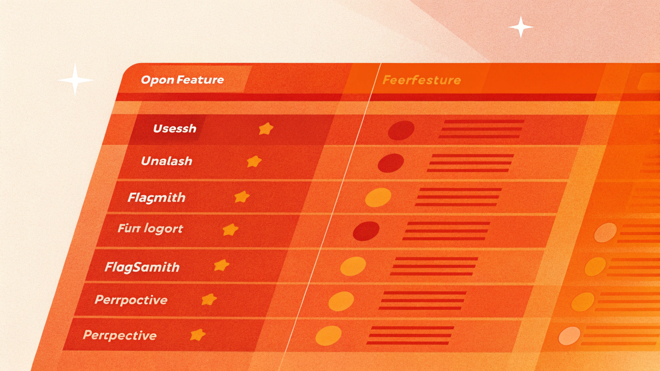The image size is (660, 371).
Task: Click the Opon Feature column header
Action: (182, 80)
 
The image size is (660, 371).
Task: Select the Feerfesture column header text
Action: (421, 80)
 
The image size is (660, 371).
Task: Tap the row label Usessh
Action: (174, 129)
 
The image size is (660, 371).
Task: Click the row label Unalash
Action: (166, 161)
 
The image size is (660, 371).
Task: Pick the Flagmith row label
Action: (156, 197)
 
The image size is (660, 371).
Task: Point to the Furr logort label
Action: (150, 229)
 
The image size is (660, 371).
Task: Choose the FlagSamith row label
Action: (142, 267)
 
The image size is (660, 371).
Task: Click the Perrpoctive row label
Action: (131, 300)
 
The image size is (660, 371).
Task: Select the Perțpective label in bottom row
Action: (120, 335)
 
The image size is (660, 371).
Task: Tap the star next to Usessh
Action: (266, 129)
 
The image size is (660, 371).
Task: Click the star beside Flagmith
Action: (242, 197)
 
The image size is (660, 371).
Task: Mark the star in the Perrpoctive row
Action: (209, 299)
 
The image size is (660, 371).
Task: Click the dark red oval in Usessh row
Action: (401, 130)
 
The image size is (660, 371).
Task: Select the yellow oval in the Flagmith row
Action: (378, 197)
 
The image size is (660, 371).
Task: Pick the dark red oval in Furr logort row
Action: (366, 231)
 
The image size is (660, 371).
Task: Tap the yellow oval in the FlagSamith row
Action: (353, 266)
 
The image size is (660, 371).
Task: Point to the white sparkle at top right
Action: (521, 27)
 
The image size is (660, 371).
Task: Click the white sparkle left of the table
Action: (75, 80)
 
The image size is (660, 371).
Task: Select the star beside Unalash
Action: (254, 162)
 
